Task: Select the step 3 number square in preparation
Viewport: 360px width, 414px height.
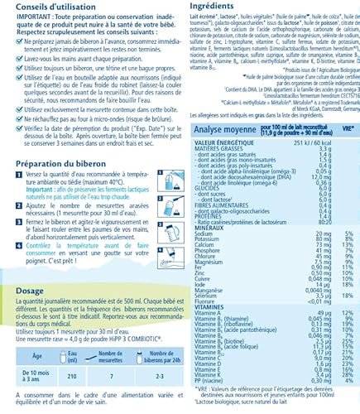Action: point(14,223)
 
